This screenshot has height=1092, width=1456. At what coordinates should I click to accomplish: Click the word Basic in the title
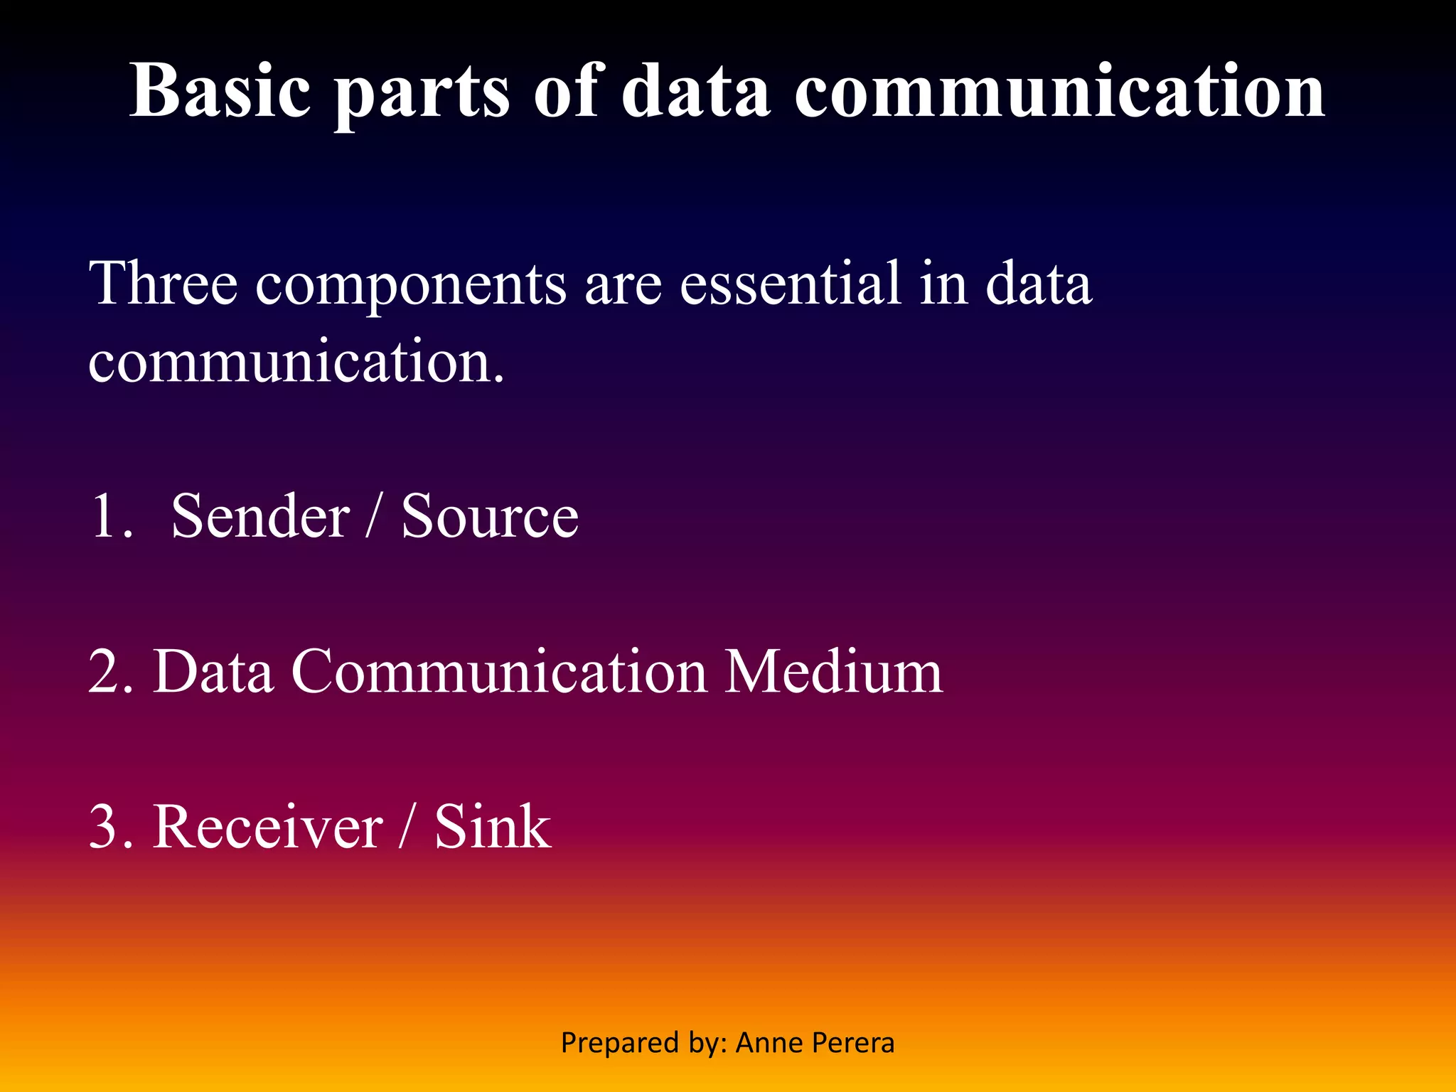point(220,90)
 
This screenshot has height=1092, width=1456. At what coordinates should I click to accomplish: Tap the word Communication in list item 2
point(499,671)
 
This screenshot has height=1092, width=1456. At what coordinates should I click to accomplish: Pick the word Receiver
point(268,827)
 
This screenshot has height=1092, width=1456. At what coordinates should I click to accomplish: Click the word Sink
point(493,827)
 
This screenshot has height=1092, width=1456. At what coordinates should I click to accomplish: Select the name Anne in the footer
point(765,1043)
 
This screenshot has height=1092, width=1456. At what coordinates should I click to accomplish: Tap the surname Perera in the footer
point(853,1043)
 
